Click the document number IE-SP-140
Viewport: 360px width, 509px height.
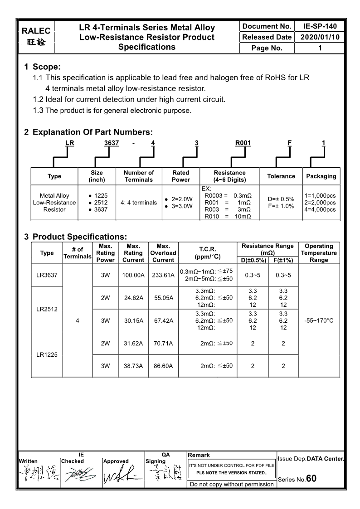click(320, 26)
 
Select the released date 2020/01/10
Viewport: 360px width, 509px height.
click(320, 37)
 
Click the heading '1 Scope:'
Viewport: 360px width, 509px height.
click(42, 67)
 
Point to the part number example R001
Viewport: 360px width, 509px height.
click(243, 143)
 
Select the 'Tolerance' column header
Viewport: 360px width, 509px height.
click(281, 176)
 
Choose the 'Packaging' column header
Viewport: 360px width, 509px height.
click(321, 176)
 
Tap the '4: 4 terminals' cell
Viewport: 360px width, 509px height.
click(139, 203)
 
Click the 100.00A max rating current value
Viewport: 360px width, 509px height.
click(133, 275)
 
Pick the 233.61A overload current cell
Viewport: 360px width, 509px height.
click(163, 275)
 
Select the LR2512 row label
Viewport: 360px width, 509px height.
click(47, 310)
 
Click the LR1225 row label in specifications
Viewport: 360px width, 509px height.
click(47, 354)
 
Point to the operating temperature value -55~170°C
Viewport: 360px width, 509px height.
click(319, 320)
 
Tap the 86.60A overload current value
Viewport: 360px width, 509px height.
click(163, 365)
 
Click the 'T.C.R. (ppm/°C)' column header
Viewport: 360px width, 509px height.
click(207, 253)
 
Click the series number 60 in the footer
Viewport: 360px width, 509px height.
click(311, 479)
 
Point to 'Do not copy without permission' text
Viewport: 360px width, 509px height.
click(232, 484)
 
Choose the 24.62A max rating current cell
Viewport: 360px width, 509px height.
click(133, 298)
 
